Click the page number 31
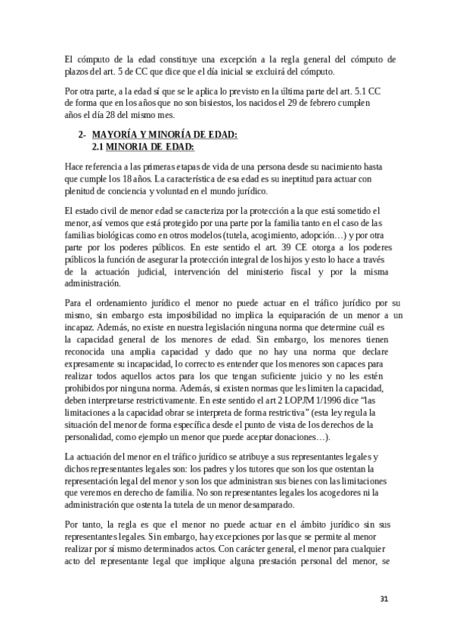[x=384, y=599]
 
